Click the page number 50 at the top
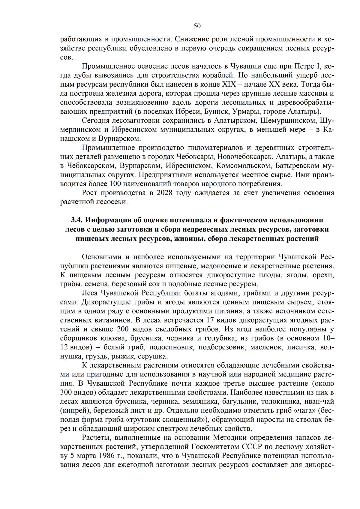point(197,26)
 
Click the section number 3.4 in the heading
point(76,220)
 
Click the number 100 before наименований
point(115,184)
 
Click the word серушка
point(154,357)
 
